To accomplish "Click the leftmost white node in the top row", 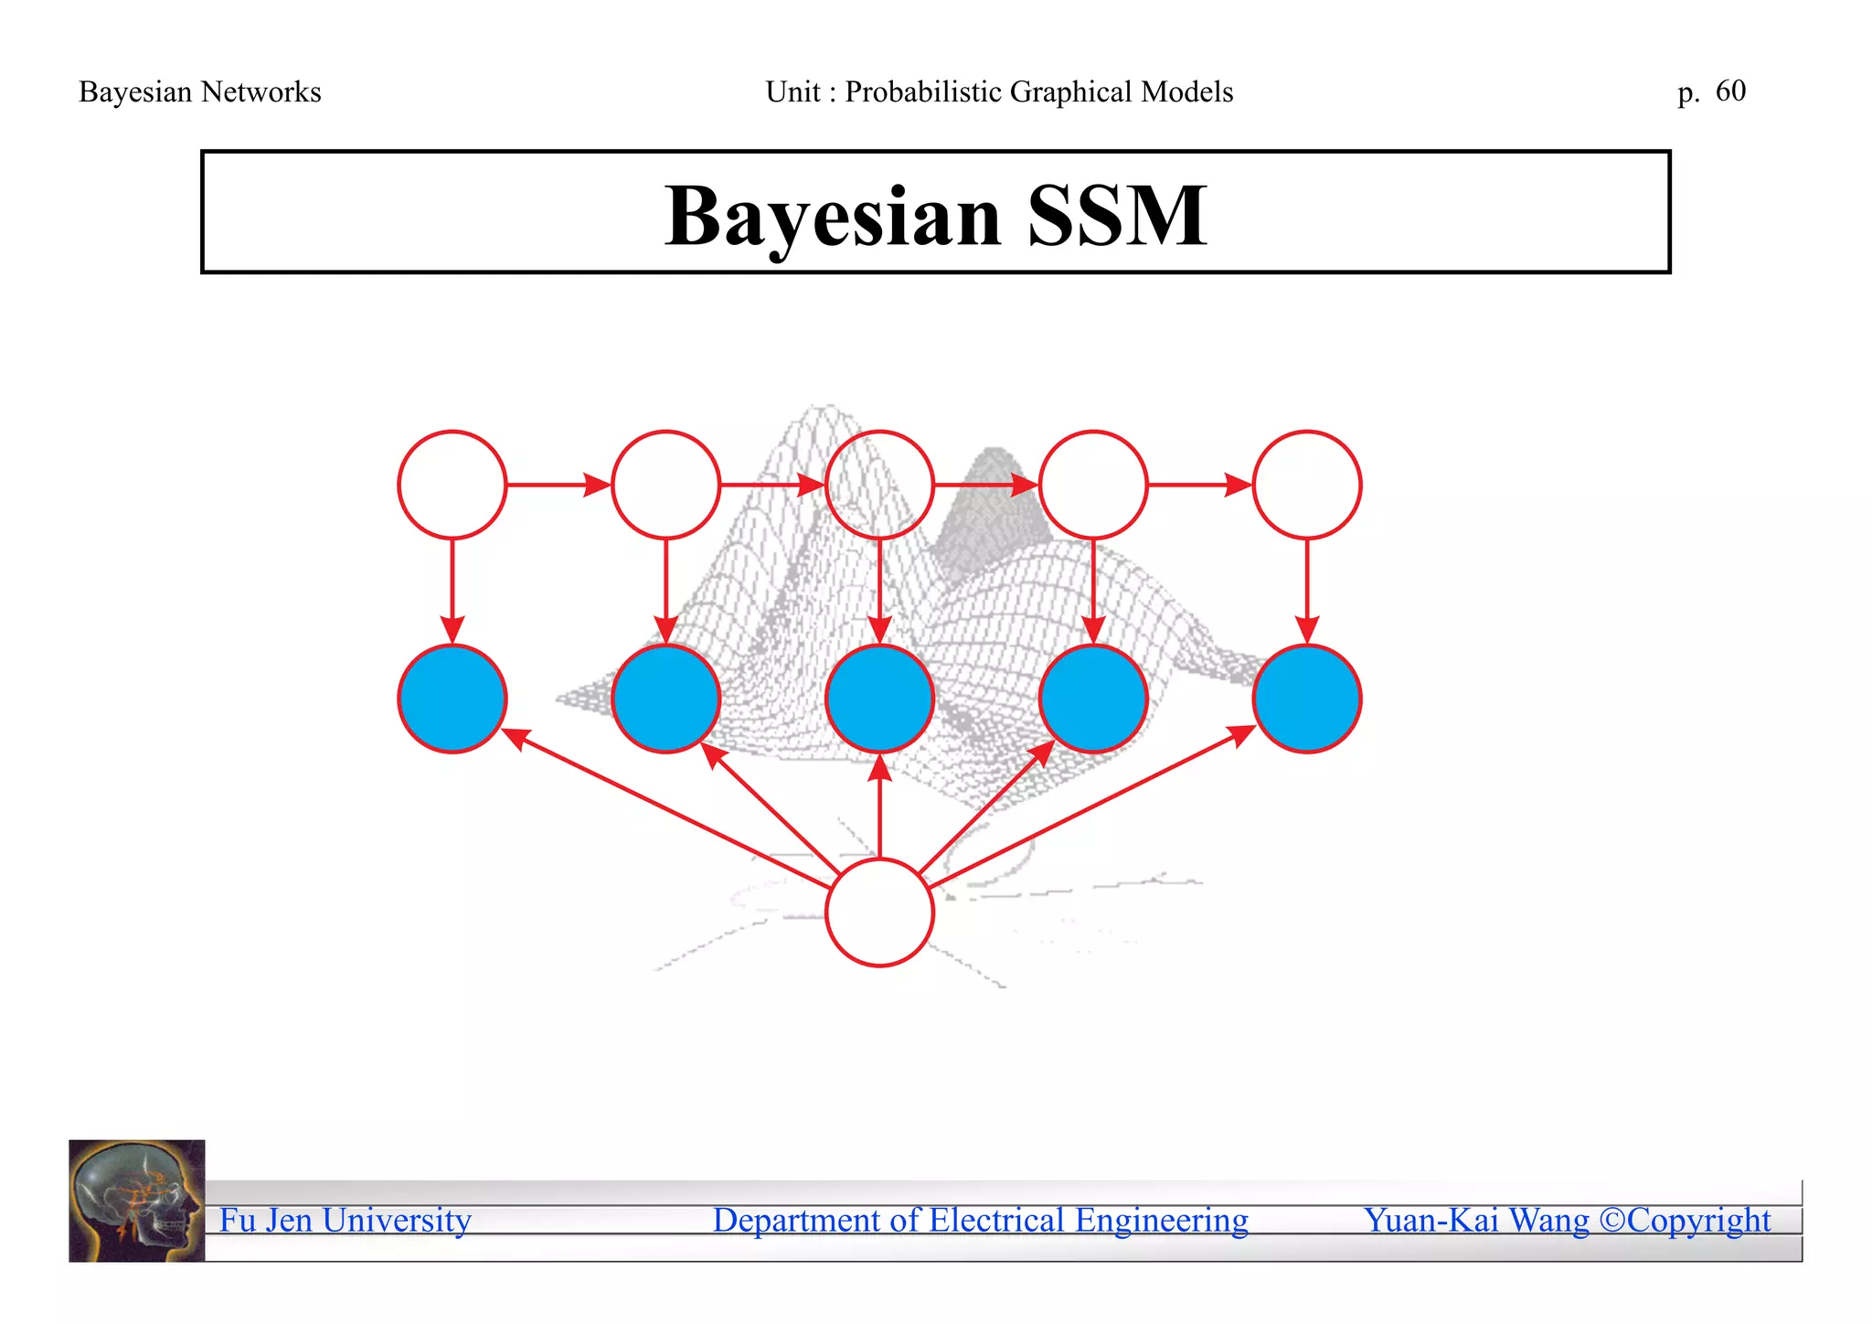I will pos(452,485).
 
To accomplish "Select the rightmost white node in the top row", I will pos(1306,485).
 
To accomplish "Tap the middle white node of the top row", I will pos(879,485).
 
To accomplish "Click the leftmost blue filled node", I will pos(452,699).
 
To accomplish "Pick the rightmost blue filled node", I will pos(1306,699).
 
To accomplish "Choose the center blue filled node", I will pos(879,699).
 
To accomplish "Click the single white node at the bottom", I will pos(879,912).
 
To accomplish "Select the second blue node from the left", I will pos(665,699).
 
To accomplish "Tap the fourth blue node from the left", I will pos(1093,699).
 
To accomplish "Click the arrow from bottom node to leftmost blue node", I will pos(667,805).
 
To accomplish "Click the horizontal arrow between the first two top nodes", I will pos(558,485).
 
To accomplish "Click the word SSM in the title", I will pos(1117,217).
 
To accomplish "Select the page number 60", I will pos(1730,91).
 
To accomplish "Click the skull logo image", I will pos(137,1201).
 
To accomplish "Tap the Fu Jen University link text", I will pos(346,1220).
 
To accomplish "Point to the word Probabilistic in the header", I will pos(923,91).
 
